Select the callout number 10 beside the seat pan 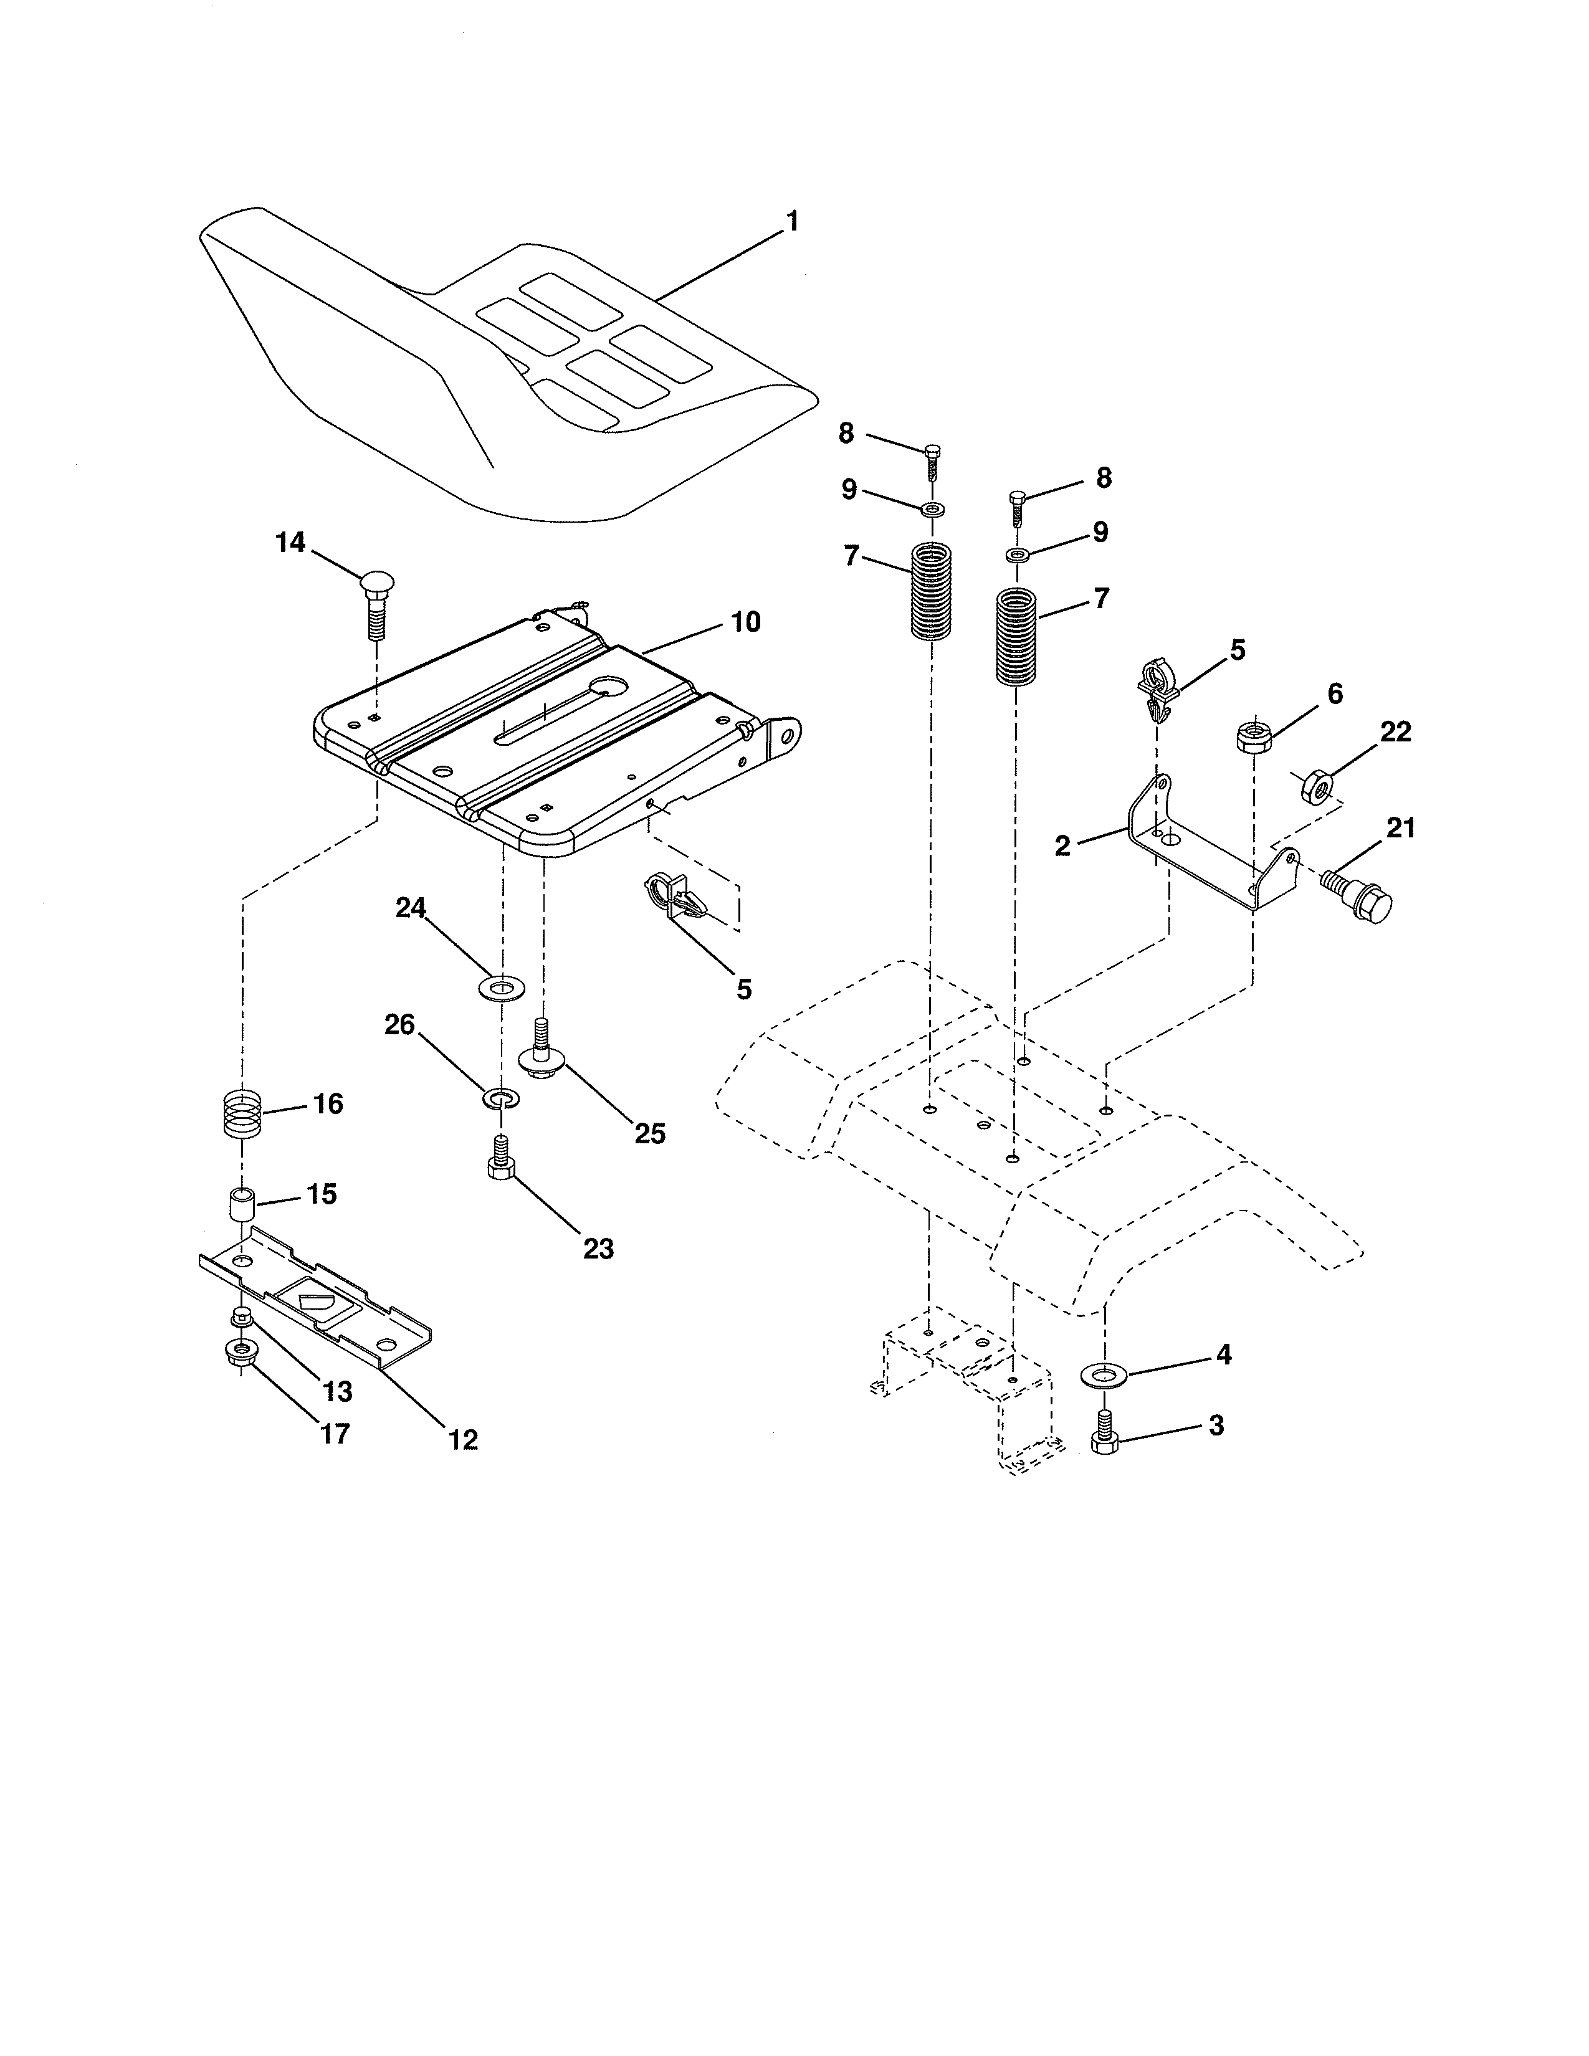[745, 622]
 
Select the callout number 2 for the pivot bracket [1062, 845]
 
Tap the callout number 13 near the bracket [337, 1391]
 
